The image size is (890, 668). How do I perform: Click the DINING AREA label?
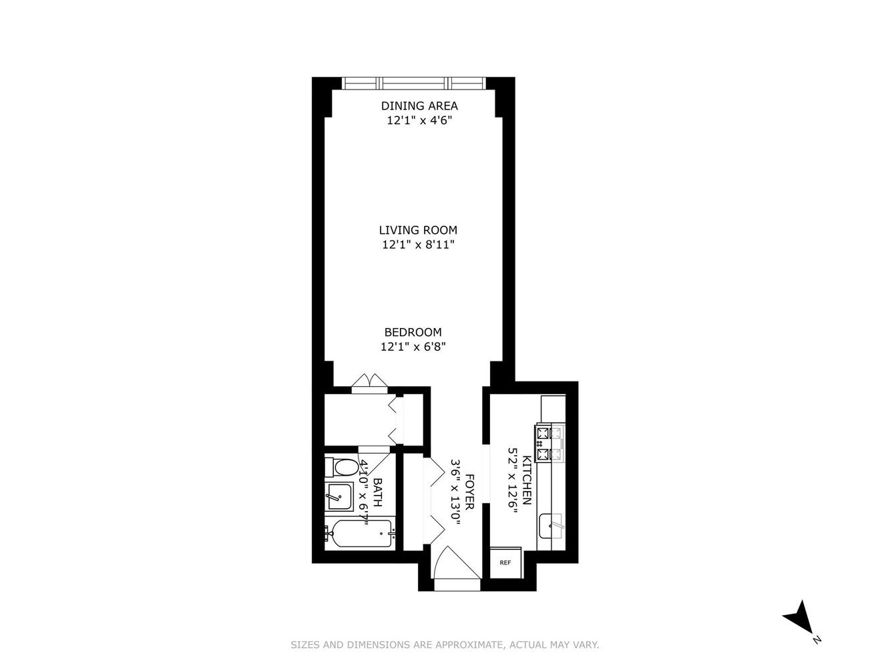419,106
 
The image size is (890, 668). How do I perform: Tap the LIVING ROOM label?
418,230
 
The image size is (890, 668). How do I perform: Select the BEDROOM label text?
413,332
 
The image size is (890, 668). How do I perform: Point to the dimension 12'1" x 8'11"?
418,245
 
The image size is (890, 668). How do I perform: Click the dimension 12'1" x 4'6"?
419,120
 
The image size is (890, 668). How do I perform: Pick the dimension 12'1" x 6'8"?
413,347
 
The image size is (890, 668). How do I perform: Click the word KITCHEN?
526,480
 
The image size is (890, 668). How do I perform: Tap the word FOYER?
469,492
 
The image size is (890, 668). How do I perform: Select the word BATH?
377,492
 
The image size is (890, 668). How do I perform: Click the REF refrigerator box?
505,563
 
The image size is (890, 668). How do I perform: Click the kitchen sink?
551,526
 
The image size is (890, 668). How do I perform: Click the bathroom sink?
339,497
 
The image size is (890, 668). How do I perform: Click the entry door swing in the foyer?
457,563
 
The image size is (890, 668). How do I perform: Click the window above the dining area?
414,83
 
